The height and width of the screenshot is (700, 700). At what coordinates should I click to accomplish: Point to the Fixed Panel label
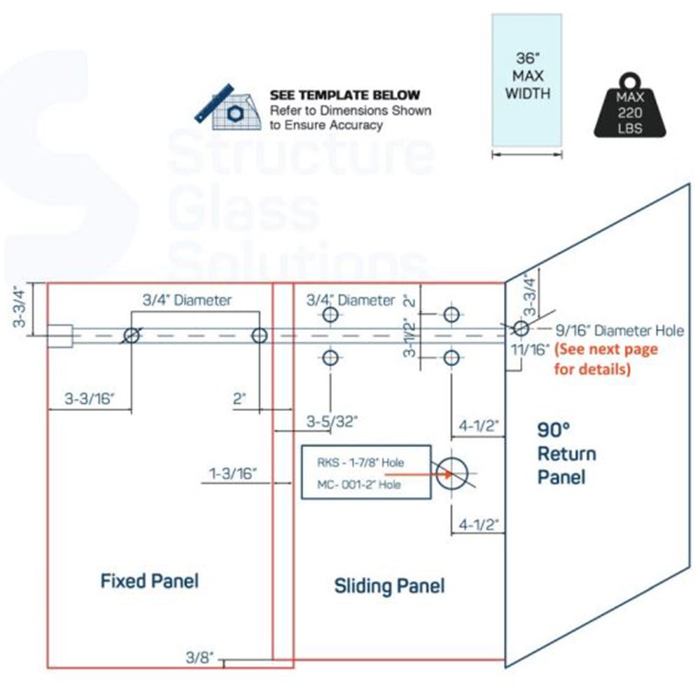click(x=149, y=580)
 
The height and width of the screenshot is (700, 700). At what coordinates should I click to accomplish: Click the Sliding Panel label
click(x=389, y=585)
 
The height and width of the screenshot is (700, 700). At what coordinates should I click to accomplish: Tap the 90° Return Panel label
click(x=566, y=454)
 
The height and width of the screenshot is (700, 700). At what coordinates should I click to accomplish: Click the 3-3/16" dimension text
click(x=89, y=399)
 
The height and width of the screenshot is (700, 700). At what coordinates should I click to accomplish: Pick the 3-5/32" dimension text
click(x=332, y=421)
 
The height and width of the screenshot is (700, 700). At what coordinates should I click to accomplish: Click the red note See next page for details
click(x=605, y=358)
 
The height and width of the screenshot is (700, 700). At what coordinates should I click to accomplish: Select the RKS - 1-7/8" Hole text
click(x=360, y=463)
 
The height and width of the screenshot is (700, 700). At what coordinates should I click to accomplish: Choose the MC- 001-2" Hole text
click(x=359, y=484)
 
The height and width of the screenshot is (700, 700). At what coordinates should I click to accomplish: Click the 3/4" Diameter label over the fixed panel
click(x=187, y=300)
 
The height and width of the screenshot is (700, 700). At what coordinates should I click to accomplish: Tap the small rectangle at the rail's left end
click(x=60, y=336)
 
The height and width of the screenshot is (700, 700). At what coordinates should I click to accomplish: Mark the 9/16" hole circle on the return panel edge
click(x=519, y=328)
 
